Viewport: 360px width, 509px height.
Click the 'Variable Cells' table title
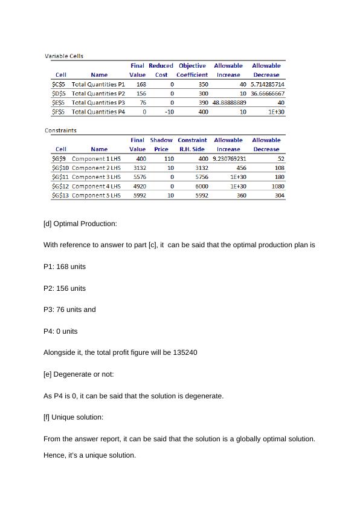(64, 56)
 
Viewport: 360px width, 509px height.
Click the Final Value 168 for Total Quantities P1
(141, 85)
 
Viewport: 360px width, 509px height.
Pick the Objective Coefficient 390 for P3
(204, 103)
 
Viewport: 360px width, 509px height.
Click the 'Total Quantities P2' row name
(98, 94)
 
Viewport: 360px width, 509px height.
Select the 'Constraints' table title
(60, 130)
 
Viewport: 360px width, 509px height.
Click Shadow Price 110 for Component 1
(169, 158)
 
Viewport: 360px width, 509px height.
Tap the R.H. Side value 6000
(202, 186)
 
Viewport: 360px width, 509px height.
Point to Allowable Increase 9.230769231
(230, 158)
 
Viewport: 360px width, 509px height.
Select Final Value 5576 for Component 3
(140, 177)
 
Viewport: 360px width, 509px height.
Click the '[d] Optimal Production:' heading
(80, 224)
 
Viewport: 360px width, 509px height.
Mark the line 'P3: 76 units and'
(69, 310)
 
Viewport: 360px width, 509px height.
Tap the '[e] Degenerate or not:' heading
(79, 374)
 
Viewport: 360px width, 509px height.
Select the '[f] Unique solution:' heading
(73, 417)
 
